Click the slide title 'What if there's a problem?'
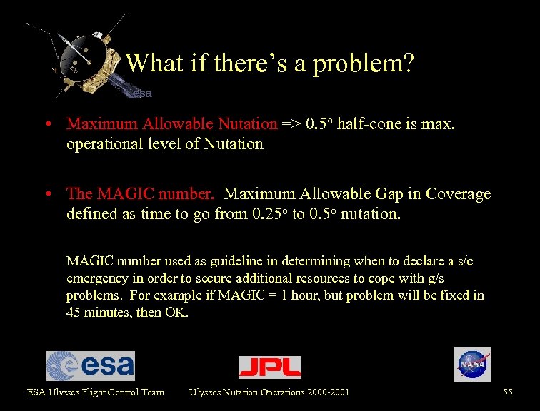pyautogui.click(x=270, y=64)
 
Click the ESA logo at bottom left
pyautogui.click(x=91, y=366)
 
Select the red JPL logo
pyautogui.click(x=270, y=367)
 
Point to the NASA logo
pyautogui.click(x=473, y=365)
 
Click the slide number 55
pyautogui.click(x=508, y=392)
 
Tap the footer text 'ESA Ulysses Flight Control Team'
pyautogui.click(x=96, y=392)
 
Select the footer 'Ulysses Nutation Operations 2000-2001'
pyautogui.click(x=269, y=392)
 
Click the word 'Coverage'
pyautogui.click(x=456, y=193)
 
